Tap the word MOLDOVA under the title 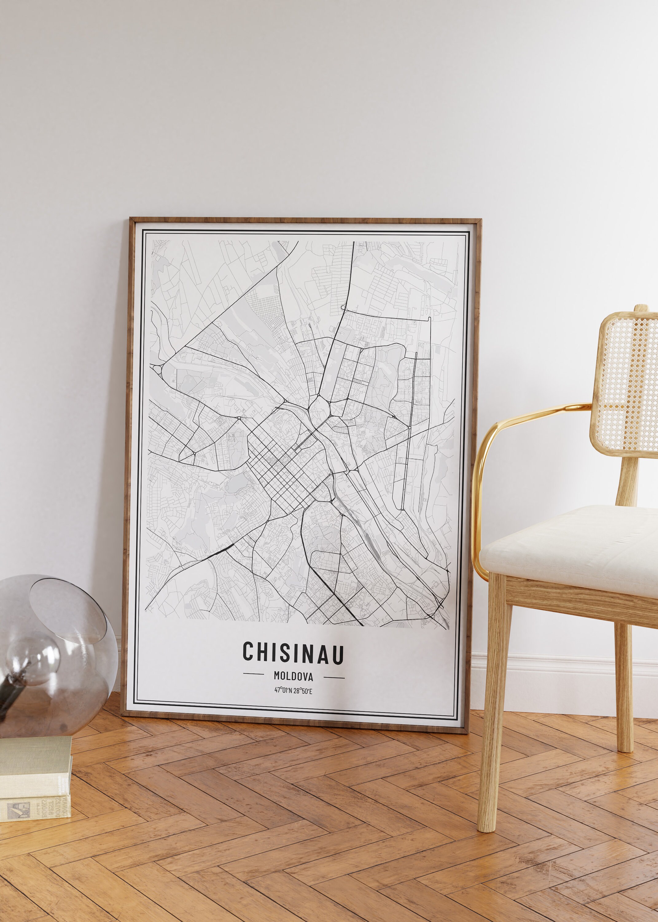point(293,676)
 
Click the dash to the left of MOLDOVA point(253,674)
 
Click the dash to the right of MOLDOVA point(334,677)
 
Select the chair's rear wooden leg point(623,681)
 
